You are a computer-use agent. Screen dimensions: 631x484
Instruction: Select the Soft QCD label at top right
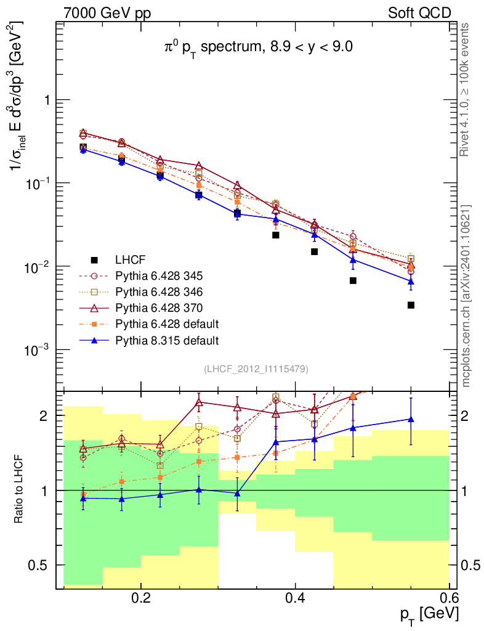tap(419, 12)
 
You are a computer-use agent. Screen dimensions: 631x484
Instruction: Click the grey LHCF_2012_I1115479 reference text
tap(256, 368)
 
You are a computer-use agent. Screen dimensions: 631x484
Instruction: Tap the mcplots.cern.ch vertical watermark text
tap(466, 296)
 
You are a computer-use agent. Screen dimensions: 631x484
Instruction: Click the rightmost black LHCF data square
tap(411, 305)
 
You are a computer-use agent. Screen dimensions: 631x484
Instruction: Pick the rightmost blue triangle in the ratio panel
tap(411, 419)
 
